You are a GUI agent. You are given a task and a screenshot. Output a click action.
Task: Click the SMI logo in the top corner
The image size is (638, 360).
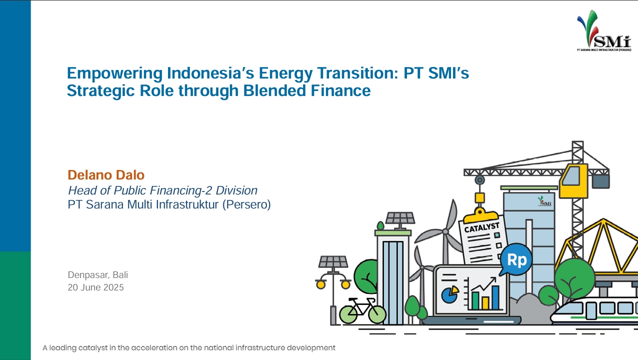pos(604,31)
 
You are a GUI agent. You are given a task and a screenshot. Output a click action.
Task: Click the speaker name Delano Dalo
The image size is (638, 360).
pos(106,175)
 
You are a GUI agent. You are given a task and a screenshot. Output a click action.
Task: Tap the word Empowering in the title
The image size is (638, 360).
pos(114,73)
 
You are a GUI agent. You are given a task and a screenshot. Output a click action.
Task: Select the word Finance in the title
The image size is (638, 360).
pos(340,90)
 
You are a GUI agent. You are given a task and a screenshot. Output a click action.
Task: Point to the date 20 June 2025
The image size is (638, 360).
pos(95,287)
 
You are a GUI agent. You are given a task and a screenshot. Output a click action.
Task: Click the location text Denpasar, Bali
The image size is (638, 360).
pos(97,275)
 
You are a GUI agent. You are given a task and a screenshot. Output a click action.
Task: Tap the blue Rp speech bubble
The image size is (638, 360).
pos(516,259)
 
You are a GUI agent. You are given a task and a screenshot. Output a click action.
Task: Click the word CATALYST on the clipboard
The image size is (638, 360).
pos(481,227)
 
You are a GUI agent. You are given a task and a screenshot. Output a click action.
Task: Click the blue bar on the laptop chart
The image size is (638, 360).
pos(495,297)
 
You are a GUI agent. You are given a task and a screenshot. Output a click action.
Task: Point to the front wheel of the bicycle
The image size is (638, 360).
pos(377,314)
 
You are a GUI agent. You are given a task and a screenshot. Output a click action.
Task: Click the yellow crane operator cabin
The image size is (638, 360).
pos(573,181)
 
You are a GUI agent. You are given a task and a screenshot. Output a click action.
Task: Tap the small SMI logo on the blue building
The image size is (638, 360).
pos(544,201)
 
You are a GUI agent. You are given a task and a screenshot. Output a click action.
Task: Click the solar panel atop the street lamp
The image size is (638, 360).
pos(333,261)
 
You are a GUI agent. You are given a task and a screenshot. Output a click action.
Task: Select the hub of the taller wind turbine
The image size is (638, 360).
pos(445,231)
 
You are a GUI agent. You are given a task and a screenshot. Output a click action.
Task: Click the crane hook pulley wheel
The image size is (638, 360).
pos(480,180)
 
